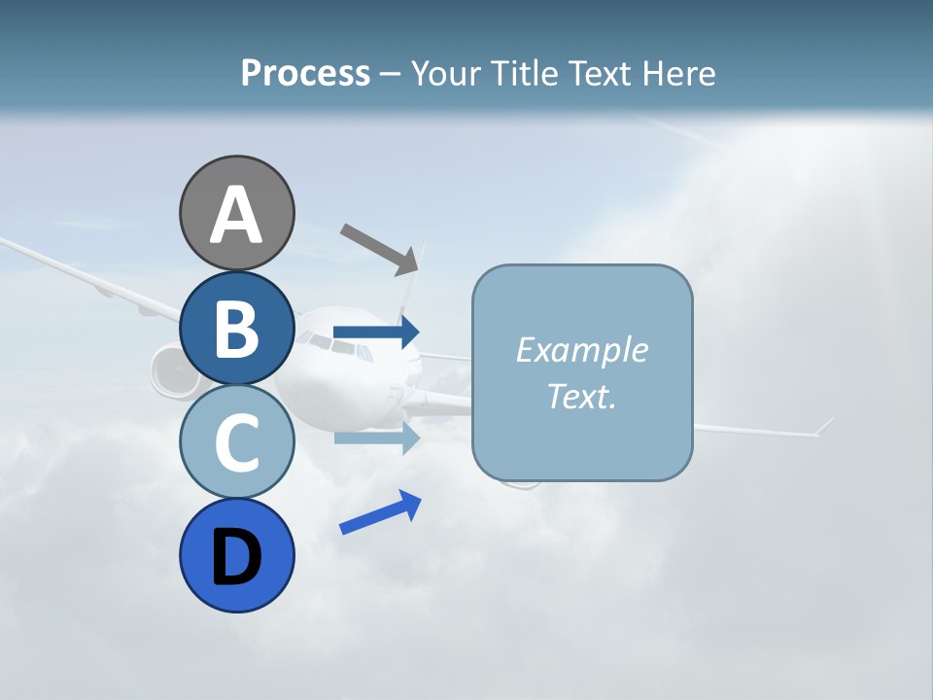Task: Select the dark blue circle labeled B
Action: pos(236,328)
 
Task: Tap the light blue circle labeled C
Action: pos(236,441)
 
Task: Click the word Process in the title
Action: pos(305,73)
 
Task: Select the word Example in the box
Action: pos(581,350)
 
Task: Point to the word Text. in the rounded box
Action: pos(581,396)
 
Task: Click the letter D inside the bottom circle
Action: pos(236,559)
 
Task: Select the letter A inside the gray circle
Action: pos(236,214)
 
